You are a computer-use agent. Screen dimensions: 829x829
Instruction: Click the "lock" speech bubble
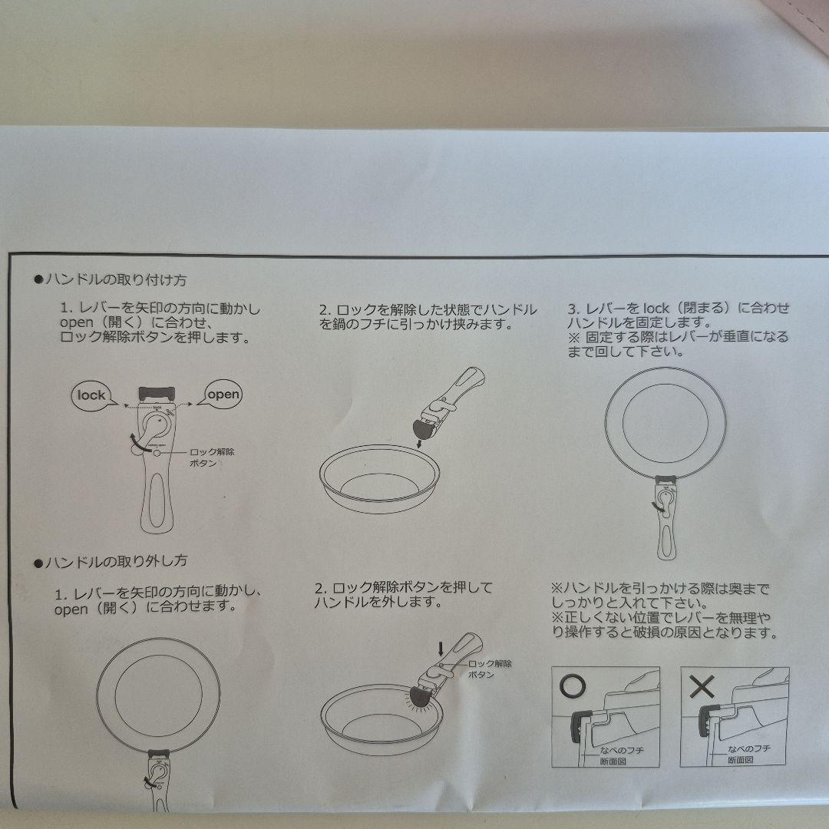click(x=92, y=395)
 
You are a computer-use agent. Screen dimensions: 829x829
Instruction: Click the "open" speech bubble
click(x=222, y=394)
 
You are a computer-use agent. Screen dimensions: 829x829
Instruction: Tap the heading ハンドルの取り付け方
click(x=116, y=279)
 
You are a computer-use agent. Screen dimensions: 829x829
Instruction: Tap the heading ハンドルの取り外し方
click(x=116, y=561)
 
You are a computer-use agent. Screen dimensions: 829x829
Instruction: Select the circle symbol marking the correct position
click(x=572, y=685)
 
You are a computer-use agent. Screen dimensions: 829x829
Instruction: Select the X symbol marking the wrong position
click(x=702, y=686)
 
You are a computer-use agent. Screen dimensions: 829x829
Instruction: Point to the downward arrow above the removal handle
click(x=441, y=649)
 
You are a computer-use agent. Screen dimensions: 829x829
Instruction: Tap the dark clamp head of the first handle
click(x=157, y=394)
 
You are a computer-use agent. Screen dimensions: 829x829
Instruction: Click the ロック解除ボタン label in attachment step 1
click(x=212, y=457)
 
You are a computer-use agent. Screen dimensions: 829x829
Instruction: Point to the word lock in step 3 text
click(x=656, y=309)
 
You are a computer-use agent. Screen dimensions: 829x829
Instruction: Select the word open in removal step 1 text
click(x=71, y=609)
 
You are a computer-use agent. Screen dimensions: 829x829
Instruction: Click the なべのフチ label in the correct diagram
click(x=621, y=750)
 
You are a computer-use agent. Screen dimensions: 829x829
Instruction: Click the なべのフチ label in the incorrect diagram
click(x=749, y=748)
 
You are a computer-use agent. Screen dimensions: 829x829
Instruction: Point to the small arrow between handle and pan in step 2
click(x=419, y=443)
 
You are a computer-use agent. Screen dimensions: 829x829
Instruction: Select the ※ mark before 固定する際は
click(x=574, y=337)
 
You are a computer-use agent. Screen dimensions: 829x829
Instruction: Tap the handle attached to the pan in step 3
click(x=666, y=517)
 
